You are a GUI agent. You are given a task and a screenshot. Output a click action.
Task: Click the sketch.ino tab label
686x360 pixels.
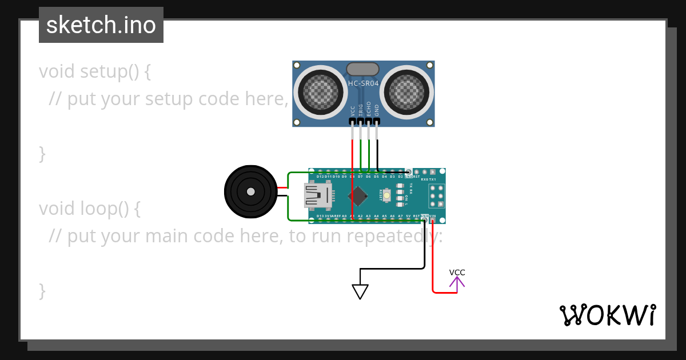(101, 25)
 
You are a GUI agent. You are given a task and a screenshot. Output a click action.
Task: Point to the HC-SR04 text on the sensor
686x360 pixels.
(363, 83)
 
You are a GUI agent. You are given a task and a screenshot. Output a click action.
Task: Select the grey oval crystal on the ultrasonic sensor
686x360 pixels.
(362, 69)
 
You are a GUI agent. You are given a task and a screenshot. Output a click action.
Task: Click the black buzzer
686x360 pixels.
(250, 192)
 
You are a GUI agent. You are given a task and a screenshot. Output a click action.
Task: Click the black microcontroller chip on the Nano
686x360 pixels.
(358, 196)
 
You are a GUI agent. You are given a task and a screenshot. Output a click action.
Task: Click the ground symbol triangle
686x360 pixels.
(360, 291)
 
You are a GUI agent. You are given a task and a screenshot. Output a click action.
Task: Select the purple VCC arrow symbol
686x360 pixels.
(457, 282)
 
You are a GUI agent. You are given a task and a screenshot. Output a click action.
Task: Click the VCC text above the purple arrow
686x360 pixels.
(457, 273)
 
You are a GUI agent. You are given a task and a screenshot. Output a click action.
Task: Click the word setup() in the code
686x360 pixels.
(109, 71)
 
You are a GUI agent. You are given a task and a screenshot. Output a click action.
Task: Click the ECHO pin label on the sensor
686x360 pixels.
(369, 109)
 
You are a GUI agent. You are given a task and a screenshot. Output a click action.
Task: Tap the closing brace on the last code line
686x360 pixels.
(42, 290)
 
